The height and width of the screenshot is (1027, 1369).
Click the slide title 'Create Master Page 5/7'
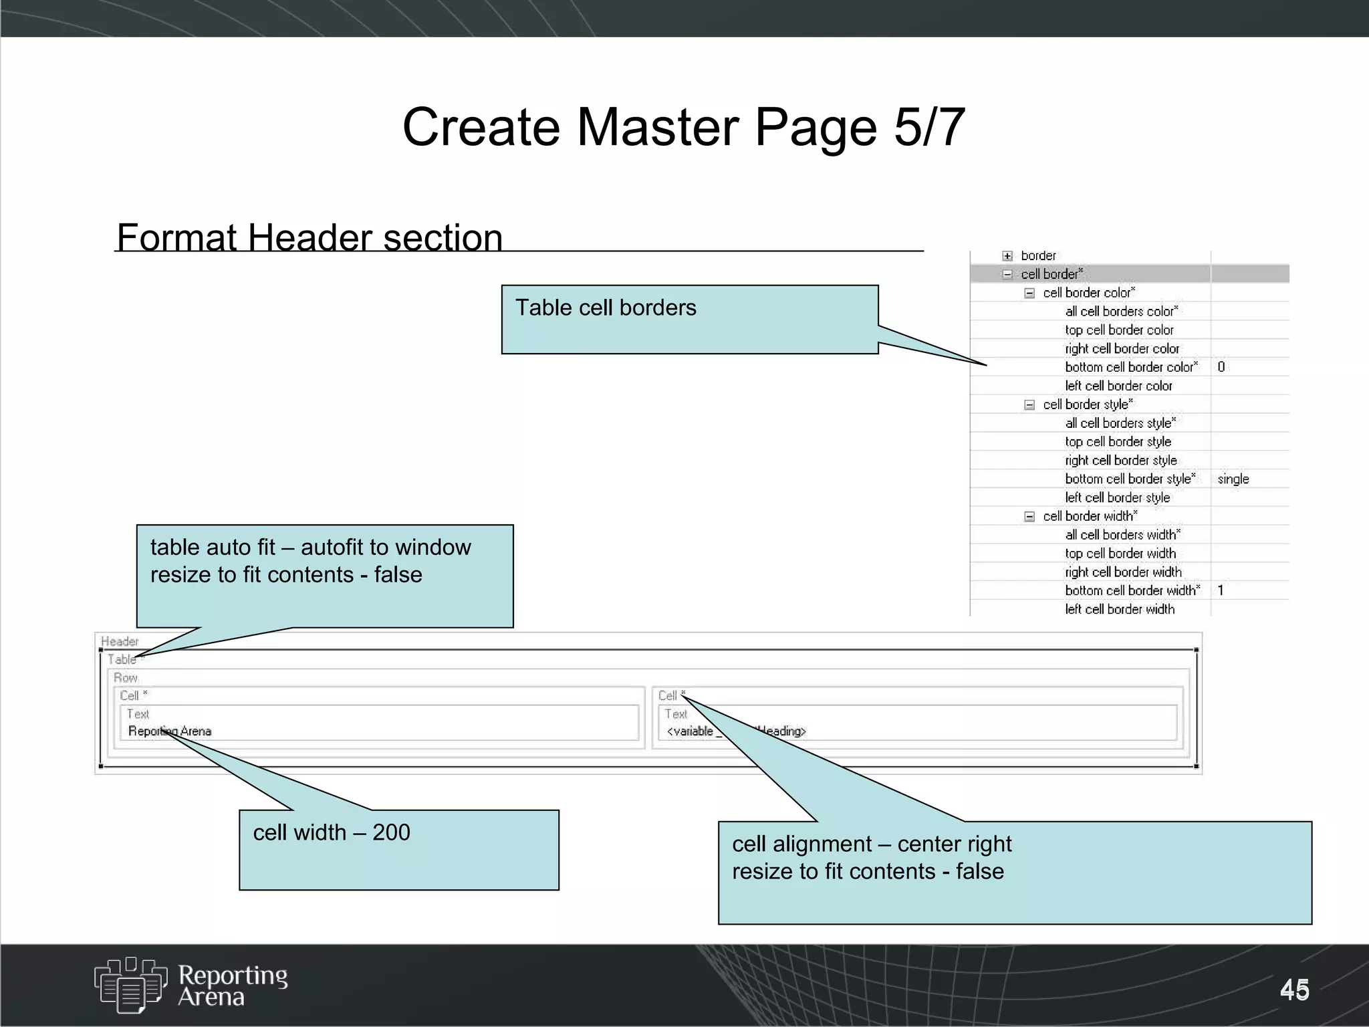(683, 127)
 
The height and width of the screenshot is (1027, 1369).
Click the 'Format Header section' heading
(309, 237)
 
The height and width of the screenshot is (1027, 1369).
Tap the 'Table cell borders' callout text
(606, 308)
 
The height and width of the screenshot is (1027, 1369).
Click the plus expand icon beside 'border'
(1007, 256)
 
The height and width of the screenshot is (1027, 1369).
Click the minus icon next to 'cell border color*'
(1029, 293)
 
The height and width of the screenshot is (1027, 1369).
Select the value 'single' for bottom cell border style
(1233, 479)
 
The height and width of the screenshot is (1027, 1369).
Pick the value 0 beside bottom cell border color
(1221, 367)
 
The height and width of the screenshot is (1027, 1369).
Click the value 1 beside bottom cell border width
(1221, 590)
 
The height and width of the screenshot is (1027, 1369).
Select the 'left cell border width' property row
(1120, 609)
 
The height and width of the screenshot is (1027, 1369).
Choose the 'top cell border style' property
(1118, 442)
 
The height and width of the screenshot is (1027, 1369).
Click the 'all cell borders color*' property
(1122, 312)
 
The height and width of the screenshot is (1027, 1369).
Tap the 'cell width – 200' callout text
(332, 832)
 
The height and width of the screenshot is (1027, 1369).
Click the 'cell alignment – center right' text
(872, 844)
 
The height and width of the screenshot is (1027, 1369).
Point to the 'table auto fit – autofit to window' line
(311, 547)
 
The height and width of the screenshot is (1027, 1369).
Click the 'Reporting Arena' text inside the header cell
(170, 731)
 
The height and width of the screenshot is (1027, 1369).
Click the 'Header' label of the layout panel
(120, 641)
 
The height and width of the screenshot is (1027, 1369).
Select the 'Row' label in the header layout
(125, 677)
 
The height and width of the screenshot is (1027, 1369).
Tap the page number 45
(1294, 990)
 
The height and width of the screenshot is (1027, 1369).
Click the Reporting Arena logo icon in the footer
(130, 984)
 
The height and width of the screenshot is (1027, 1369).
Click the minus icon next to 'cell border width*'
(1029, 516)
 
